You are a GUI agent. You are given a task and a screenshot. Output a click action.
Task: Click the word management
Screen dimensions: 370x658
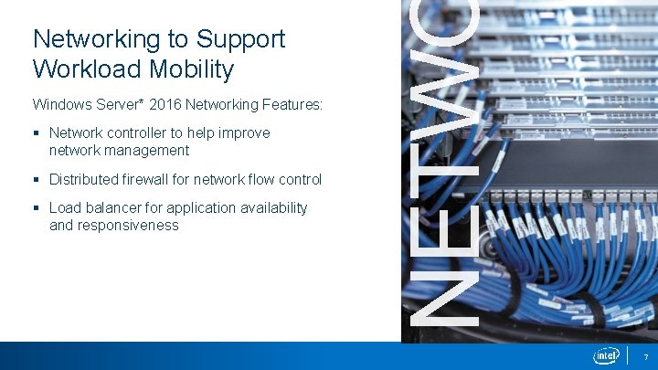(145, 150)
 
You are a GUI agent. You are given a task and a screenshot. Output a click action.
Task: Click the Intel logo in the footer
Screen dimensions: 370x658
(606, 355)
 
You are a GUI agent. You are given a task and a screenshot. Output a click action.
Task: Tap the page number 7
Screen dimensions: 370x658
(645, 356)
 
